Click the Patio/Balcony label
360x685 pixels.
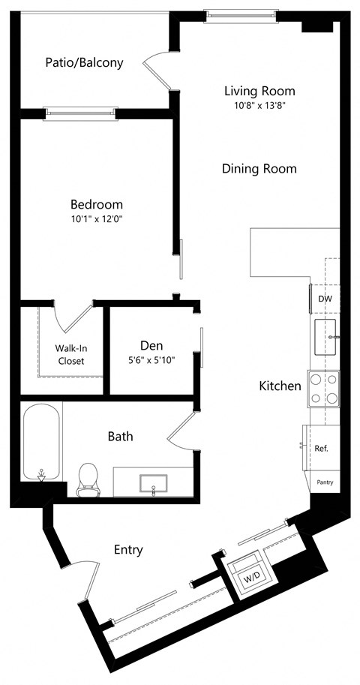point(83,63)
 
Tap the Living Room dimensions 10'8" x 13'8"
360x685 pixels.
point(259,106)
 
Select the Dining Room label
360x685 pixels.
point(259,169)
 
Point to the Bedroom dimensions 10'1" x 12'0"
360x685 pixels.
point(96,219)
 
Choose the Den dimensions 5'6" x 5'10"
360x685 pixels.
point(153,361)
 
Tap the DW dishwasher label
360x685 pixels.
point(325,299)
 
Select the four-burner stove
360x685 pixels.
point(323,389)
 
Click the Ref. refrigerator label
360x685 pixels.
point(321,449)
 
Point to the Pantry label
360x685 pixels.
point(325,482)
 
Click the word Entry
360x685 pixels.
point(128,550)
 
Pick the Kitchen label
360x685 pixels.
point(280,386)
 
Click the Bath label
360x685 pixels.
point(120,436)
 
